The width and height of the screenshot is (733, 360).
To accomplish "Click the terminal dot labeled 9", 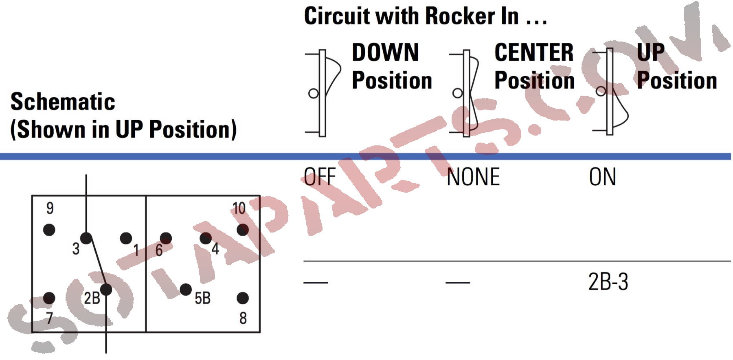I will [49, 230].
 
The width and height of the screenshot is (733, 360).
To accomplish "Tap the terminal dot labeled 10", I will [243, 230].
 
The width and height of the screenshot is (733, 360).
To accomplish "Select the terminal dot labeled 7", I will [49, 298].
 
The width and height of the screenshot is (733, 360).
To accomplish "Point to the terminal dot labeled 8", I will [243, 298].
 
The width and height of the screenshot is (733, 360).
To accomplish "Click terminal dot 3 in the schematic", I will [86, 238].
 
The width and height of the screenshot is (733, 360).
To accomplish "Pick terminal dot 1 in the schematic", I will [126, 238].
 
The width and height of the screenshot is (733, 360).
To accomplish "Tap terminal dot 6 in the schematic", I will [166, 238].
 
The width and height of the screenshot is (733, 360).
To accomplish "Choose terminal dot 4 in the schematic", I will [206, 238].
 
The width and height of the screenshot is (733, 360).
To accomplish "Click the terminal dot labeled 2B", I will [106, 290].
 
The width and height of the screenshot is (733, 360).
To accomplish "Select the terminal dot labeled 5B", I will [186, 290].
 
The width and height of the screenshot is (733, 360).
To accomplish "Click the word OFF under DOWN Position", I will [320, 177].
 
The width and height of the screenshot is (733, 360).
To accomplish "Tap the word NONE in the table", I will [473, 177].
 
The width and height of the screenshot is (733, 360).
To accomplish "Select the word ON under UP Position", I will [602, 177].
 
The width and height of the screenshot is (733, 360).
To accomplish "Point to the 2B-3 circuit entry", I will [608, 282].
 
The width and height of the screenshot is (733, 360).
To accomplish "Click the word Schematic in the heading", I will [63, 102].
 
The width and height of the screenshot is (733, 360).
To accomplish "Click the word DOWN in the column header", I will [385, 53].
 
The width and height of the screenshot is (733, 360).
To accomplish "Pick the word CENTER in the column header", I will [534, 53].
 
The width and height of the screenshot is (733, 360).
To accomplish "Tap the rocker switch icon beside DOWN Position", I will [323, 93].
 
